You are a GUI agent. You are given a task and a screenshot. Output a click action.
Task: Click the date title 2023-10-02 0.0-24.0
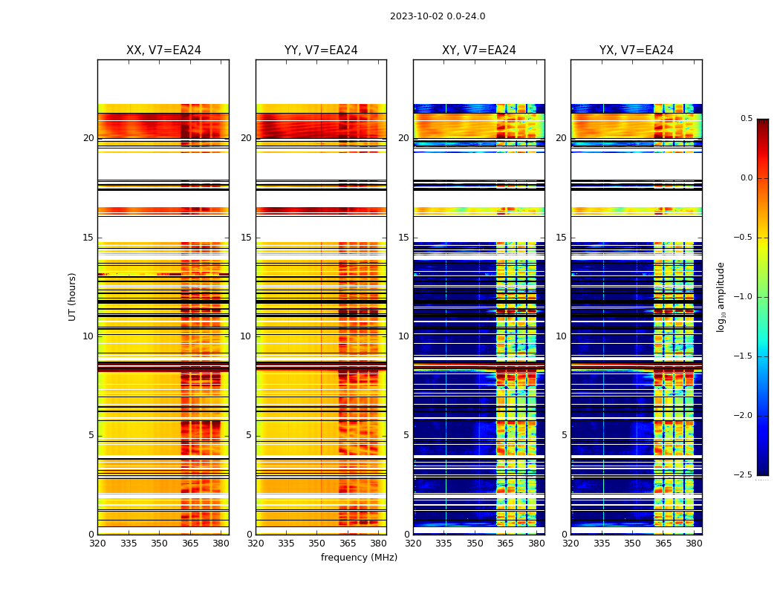438,16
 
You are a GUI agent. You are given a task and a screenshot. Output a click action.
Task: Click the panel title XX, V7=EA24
163,50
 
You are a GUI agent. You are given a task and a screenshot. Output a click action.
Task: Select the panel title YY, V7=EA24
321,50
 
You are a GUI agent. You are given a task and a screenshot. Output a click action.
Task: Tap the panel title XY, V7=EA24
479,50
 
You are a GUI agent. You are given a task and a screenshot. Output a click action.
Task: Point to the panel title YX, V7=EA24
637,50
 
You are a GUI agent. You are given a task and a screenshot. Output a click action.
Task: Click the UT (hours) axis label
72,296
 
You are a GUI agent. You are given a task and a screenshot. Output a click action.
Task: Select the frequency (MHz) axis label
359,558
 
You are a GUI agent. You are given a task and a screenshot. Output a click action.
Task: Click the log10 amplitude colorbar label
721,296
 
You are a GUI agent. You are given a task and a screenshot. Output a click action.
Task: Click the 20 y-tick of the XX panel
88,138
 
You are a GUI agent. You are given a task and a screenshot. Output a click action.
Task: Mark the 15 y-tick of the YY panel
247,238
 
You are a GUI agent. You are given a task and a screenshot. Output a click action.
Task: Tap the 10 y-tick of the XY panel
404,336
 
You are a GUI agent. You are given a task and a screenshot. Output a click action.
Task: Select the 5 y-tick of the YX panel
565,435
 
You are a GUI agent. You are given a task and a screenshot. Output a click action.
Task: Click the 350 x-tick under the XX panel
159,544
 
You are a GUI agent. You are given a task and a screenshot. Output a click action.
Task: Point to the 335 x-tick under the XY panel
444,544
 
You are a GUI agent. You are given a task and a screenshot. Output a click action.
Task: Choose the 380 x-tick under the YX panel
694,544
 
